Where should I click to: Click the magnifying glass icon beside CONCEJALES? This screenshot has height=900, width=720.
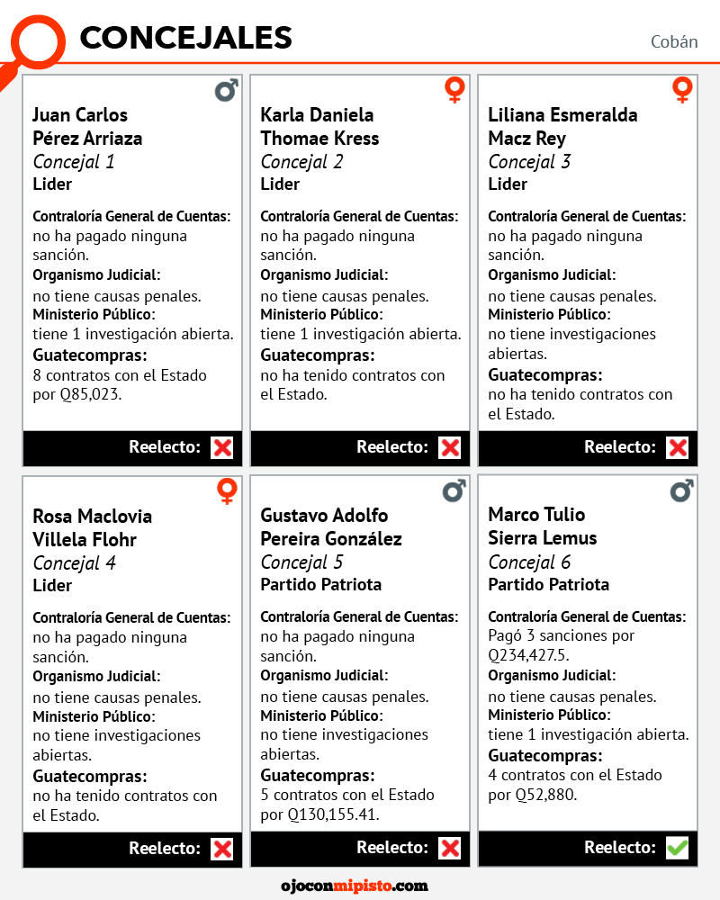pos(36,40)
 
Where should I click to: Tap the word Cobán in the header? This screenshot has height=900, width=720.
pos(674,42)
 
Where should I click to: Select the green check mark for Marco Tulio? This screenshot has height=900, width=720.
pos(677,847)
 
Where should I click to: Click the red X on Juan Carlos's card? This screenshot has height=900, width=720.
pos(221,447)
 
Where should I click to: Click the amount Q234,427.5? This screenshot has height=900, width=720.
pos(528,654)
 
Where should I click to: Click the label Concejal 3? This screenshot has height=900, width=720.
pos(529,162)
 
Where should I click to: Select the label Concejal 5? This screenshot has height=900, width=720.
pos(301,562)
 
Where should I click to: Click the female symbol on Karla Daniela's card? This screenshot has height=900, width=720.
pos(454,90)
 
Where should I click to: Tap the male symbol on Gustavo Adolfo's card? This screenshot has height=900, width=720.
pos(454,490)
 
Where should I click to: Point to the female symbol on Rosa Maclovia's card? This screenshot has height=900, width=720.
pos(227,491)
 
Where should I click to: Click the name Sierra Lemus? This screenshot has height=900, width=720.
pos(542,538)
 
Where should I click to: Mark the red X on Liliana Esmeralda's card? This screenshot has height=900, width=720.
pos(677,447)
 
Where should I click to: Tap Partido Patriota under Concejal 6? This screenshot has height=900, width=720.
pos(548,584)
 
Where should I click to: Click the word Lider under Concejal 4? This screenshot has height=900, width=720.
pos(52,585)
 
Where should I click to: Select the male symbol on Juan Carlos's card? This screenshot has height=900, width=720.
pos(227,90)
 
